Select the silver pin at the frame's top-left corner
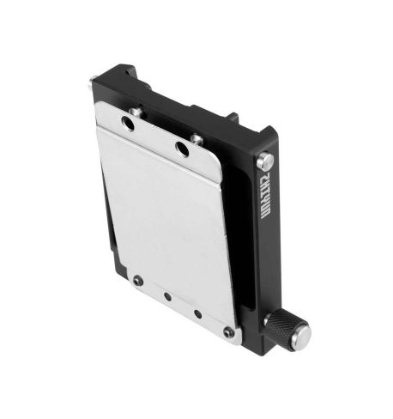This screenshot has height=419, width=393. coord(92,85)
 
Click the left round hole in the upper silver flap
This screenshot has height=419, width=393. coord(128,125)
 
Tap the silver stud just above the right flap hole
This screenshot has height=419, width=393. coord(196,137)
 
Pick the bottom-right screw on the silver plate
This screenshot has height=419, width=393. coord(227,331)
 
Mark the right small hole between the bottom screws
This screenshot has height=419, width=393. coord(198,313)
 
